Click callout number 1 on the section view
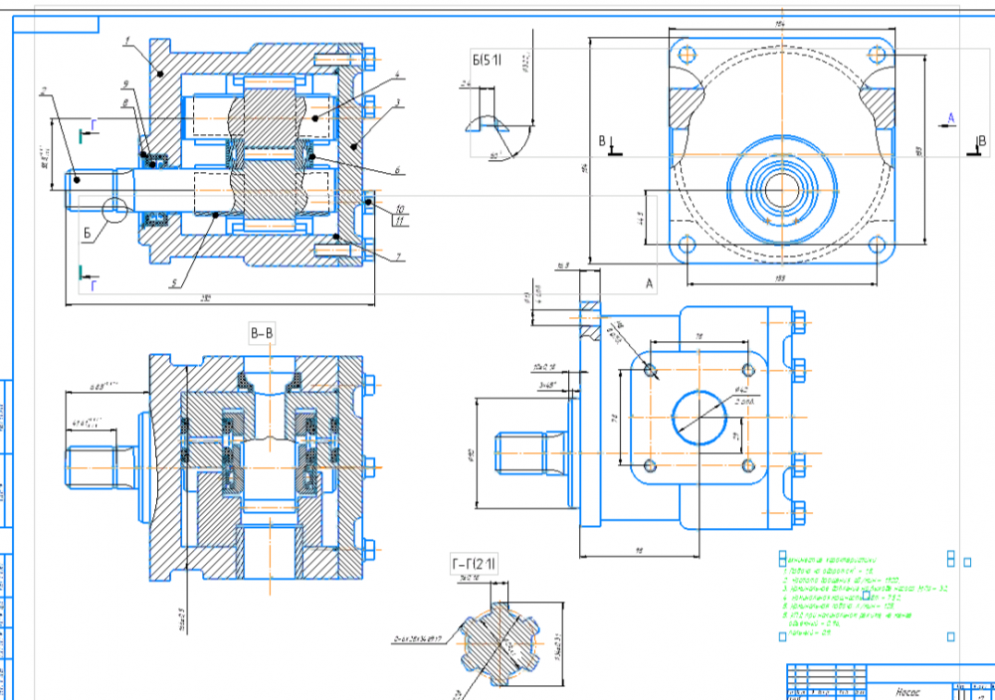129,41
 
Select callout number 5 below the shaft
174,282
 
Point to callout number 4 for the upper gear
396,75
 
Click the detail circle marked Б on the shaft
113,209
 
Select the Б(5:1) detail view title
488,62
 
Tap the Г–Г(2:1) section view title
475,566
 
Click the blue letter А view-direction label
950,118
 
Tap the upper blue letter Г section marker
94,123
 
